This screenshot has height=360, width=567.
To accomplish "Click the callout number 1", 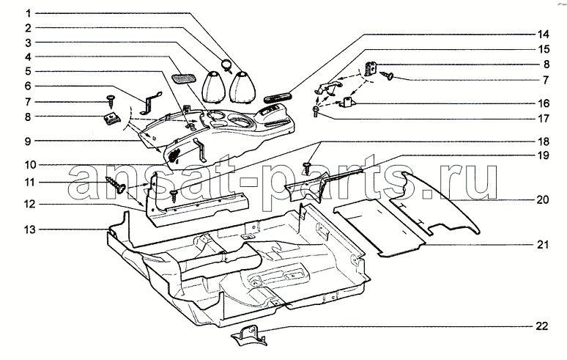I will (27, 14).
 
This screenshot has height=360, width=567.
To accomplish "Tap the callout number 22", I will (541, 326).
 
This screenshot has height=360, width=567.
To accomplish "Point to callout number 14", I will (542, 34).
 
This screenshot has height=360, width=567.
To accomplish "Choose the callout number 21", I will (541, 245).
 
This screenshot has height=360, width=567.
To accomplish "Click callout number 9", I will (27, 140).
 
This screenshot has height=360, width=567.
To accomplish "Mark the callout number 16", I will (542, 103).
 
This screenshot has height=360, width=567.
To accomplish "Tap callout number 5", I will (27, 71).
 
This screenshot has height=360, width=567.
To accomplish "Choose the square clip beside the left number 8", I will (111, 117).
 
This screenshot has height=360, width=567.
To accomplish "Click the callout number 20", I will (541, 199).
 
